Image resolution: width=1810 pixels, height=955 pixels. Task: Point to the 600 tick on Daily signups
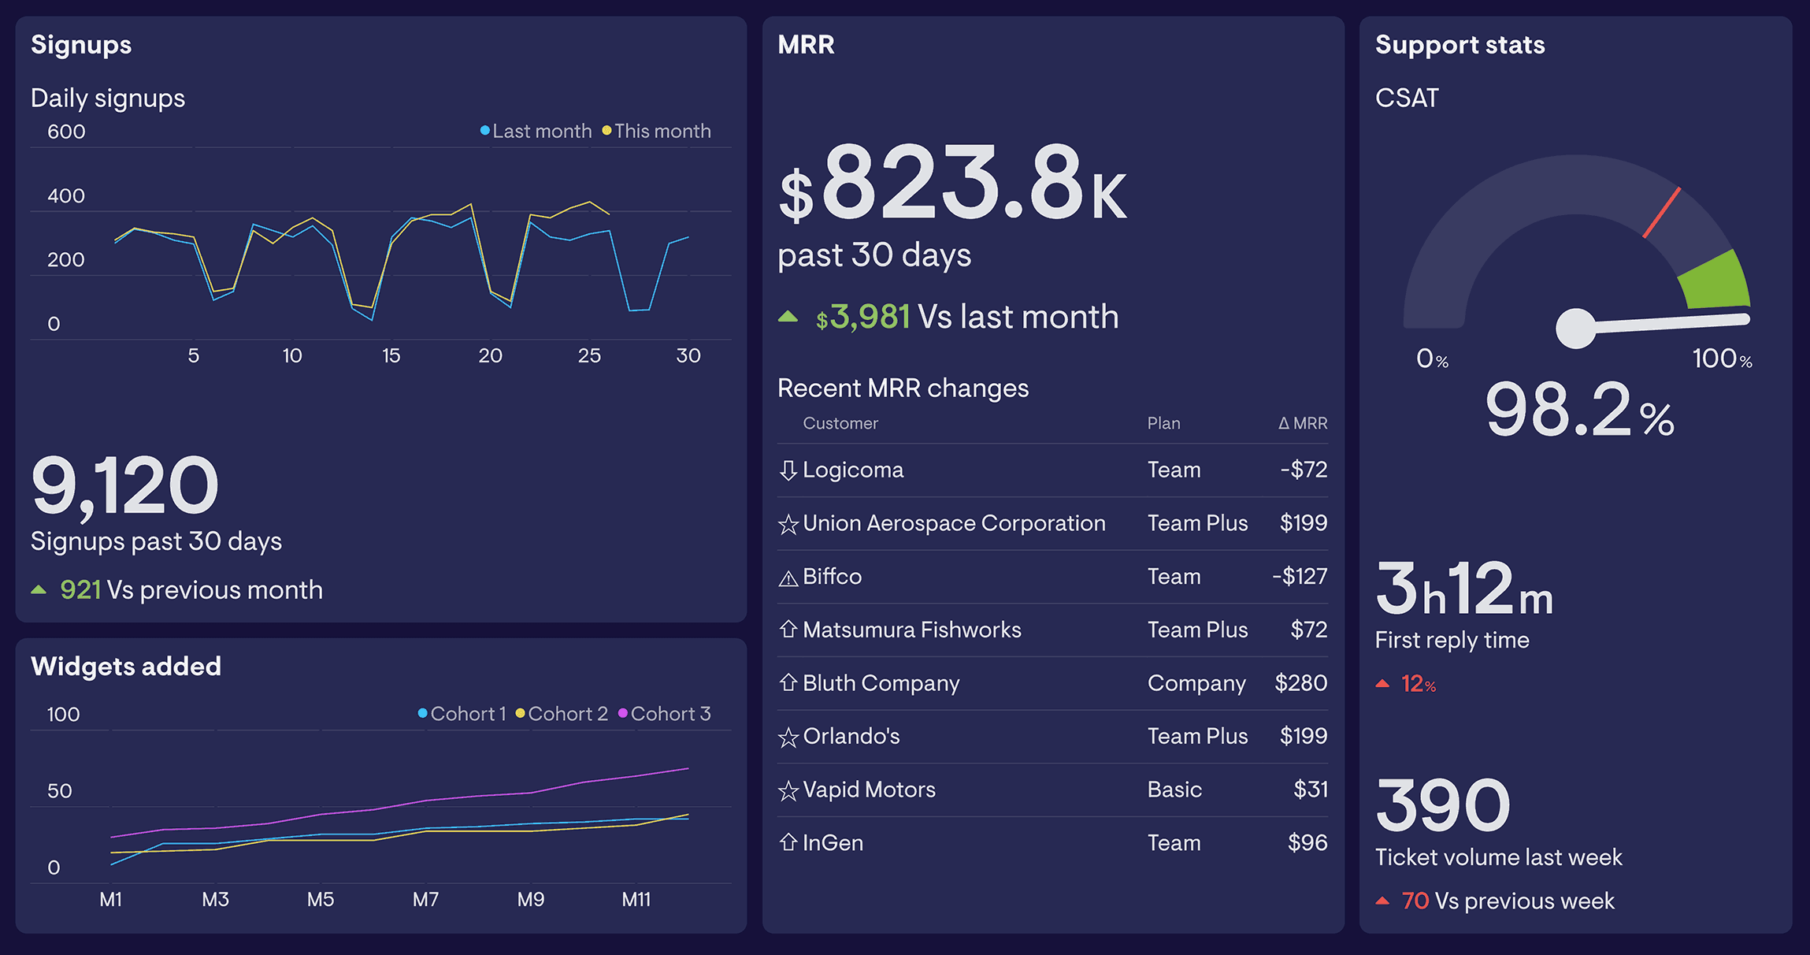tap(66, 132)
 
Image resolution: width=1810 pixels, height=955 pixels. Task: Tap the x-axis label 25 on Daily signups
tap(589, 356)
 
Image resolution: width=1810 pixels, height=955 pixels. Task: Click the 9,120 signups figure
tap(124, 486)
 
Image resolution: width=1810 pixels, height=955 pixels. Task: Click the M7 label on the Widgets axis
tap(425, 899)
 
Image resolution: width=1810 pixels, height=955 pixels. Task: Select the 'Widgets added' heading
tap(126, 667)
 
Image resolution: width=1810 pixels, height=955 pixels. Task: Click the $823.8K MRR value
tap(953, 185)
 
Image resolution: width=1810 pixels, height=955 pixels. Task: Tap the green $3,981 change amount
tap(863, 318)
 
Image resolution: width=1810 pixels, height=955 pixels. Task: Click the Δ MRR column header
tap(1303, 423)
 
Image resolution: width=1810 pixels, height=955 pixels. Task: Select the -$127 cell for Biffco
tap(1300, 577)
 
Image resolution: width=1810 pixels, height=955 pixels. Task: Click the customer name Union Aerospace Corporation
tap(954, 523)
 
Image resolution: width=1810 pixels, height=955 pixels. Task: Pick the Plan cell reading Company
tap(1196, 683)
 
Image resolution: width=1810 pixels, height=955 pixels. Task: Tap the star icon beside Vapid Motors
tap(788, 790)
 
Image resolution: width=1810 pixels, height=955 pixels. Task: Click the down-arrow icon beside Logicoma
tap(788, 470)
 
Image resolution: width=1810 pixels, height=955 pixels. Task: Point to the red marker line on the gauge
tap(1662, 212)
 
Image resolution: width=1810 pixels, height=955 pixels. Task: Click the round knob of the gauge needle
tap(1576, 329)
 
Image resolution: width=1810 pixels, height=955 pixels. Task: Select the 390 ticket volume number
tap(1443, 805)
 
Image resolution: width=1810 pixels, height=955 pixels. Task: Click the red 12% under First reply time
tap(1418, 684)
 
